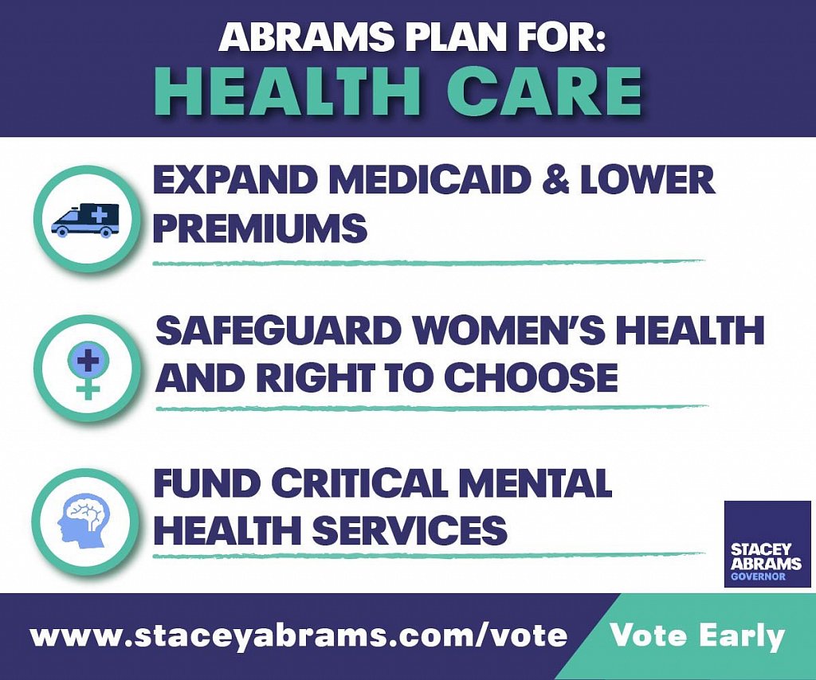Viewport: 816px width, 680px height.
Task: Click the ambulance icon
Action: tap(84, 220)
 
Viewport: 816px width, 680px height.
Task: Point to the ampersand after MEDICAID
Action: tap(555, 180)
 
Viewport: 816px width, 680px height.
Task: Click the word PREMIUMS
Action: tap(261, 228)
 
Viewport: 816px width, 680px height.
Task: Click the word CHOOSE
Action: tap(531, 377)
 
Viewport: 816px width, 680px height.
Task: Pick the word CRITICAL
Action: tap(359, 483)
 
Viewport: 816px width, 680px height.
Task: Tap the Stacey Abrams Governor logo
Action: tap(767, 544)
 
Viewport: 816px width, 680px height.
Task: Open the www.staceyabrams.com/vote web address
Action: tap(299, 636)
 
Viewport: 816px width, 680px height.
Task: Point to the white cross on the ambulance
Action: tap(97, 214)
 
